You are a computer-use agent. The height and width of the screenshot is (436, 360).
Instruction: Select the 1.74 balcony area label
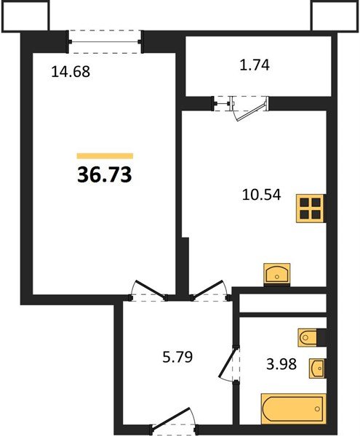[254, 65]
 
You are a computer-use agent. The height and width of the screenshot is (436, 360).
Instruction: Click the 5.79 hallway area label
[174, 358]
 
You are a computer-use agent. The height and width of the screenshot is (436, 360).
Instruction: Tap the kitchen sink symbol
[277, 275]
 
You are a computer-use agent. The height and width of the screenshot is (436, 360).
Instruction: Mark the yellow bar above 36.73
[105, 156]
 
